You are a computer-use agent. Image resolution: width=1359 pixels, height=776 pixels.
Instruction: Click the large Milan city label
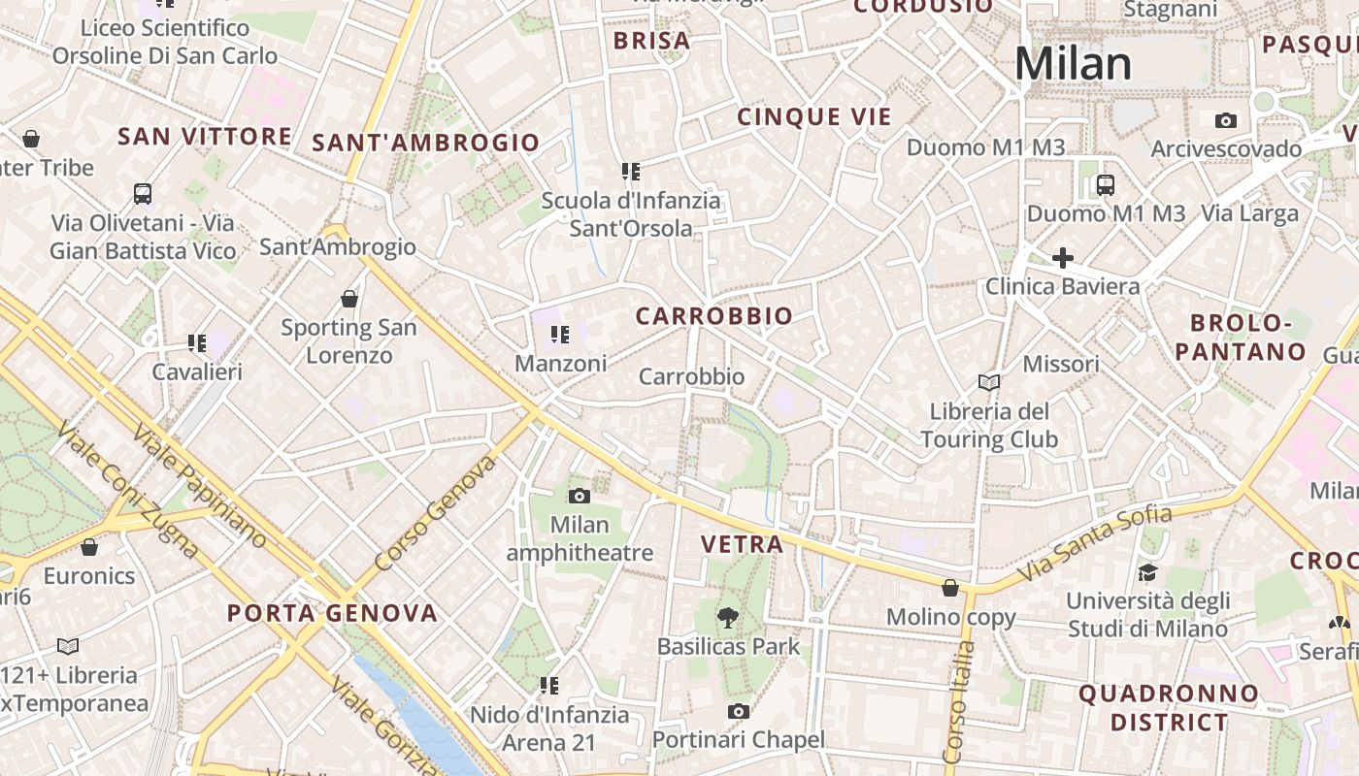point(1073,64)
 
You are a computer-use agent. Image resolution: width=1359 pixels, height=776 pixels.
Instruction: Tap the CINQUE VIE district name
point(813,117)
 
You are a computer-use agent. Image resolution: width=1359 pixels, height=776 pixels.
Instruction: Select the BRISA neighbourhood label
point(652,41)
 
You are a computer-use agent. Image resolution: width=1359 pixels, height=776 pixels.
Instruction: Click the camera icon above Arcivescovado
point(1226,120)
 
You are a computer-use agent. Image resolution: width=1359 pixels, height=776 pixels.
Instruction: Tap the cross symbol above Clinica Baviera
point(1063,258)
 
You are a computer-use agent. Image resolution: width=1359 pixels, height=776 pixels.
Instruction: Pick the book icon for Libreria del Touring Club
point(989,382)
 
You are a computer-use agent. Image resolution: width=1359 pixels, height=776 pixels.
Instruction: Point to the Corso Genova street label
point(436,512)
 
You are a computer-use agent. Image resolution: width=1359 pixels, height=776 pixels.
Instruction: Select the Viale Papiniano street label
point(198,485)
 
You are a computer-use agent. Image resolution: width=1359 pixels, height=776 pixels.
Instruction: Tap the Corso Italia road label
point(956,700)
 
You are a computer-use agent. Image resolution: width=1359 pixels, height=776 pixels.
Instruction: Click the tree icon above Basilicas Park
point(727,617)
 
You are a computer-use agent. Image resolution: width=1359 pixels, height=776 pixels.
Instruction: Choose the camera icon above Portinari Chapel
point(738,711)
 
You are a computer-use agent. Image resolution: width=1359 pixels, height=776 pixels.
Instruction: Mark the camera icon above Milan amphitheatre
point(580,496)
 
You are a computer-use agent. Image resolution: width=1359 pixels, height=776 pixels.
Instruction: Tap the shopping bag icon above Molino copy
point(950,588)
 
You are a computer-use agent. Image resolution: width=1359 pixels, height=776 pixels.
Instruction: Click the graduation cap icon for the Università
point(1147,572)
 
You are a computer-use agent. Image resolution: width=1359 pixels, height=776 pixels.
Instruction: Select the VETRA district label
point(742,544)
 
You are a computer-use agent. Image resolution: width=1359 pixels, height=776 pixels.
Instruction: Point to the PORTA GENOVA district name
point(332,613)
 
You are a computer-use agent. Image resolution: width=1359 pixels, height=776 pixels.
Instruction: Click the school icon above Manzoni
point(560,335)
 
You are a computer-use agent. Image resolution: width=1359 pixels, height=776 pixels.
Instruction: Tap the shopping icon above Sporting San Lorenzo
point(349,299)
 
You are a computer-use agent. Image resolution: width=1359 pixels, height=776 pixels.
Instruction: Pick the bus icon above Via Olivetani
point(143,193)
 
